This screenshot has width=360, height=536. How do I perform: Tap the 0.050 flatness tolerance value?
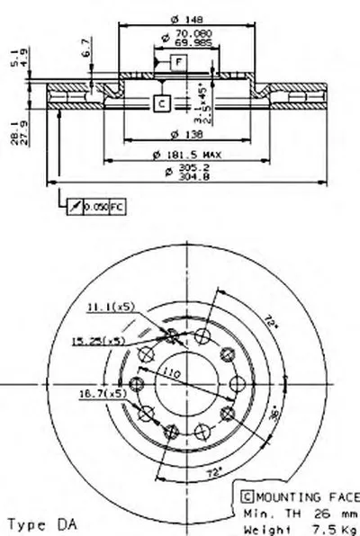pyautogui.click(x=94, y=209)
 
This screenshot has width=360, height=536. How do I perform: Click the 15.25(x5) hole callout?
pyautogui.click(x=99, y=341)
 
